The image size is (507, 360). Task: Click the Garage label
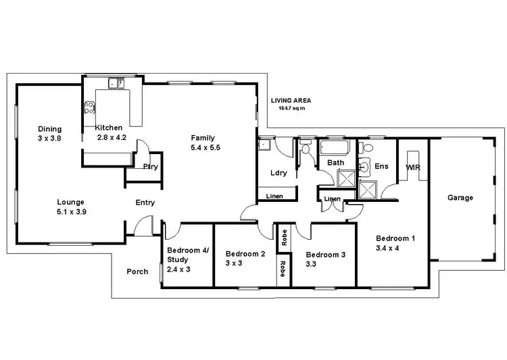(460, 198)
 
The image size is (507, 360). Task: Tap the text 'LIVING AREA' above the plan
(291, 100)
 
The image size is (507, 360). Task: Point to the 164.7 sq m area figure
(291, 107)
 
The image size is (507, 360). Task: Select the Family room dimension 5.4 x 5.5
(206, 146)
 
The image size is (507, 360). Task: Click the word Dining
(49, 129)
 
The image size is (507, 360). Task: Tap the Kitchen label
(109, 128)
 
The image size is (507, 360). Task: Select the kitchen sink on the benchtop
(116, 84)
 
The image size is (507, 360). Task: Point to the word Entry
(145, 203)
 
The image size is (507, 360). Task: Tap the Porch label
(137, 272)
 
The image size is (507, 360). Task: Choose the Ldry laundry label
(279, 173)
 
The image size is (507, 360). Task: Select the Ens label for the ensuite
(381, 165)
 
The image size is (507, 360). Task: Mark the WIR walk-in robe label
(413, 166)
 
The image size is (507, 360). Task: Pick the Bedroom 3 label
(326, 255)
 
